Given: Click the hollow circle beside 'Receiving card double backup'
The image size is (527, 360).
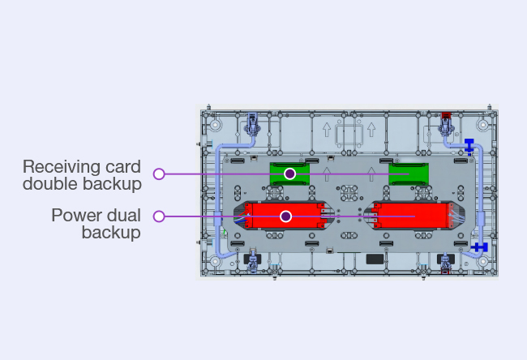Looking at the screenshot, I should [159, 174].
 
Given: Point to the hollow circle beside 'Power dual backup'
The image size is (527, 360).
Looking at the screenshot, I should [159, 216].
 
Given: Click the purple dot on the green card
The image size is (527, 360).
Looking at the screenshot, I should [289, 174].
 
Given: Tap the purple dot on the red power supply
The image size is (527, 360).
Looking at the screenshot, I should [285, 216].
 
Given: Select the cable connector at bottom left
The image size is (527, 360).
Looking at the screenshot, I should [252, 261].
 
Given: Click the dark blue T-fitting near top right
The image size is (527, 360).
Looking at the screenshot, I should [469, 145].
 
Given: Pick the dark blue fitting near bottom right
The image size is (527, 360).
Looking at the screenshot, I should [479, 246].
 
